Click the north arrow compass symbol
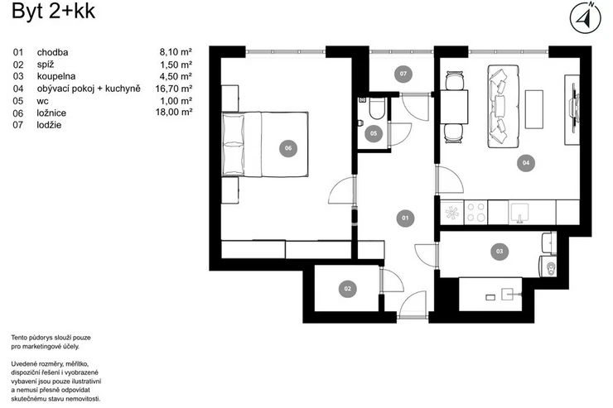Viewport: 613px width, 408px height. click(585, 17)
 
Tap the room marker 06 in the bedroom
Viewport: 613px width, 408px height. click(288, 148)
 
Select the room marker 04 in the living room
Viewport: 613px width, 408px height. click(526, 163)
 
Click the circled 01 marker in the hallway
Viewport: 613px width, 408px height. click(405, 218)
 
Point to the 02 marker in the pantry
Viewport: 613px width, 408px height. click(348, 289)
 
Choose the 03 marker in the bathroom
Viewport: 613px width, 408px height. click(500, 251)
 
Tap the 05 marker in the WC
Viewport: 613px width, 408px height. click(374, 133)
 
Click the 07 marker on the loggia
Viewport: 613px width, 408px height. click(403, 74)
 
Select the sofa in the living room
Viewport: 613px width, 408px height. click(503, 106)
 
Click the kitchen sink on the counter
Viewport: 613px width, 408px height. click(519, 213)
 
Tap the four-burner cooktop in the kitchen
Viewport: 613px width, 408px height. click(475, 212)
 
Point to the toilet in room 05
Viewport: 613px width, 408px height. click(377, 108)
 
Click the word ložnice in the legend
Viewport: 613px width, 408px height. click(51, 113)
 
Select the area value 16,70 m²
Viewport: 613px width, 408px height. click(174, 89)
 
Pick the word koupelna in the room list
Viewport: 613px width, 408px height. click(56, 76)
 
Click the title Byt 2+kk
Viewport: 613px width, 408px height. click(53, 11)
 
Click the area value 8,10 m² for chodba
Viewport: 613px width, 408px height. click(176, 52)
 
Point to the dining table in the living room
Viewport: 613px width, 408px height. click(454, 107)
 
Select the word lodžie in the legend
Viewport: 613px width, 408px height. click(49, 125)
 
